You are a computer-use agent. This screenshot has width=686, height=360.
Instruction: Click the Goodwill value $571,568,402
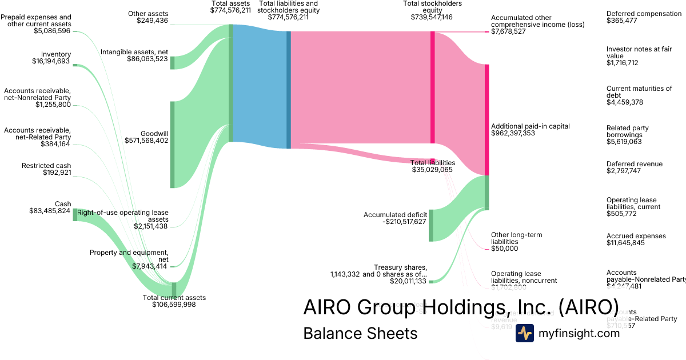pyautogui.click(x=146, y=140)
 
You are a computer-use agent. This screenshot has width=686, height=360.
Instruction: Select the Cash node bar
pyautogui.click(x=75, y=215)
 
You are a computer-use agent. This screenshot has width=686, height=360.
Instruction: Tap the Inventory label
pyautogui.click(x=56, y=54)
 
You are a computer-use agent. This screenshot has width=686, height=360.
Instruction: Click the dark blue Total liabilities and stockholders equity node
pyautogui.click(x=289, y=90)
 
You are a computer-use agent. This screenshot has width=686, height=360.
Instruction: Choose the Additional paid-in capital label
pyautogui.click(x=530, y=126)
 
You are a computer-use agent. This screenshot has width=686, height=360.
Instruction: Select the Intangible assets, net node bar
pyautogui.click(x=173, y=63)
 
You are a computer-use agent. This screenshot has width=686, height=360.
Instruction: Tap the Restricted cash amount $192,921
pyautogui.click(x=57, y=173)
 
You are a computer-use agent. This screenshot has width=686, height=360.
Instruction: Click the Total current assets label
pyautogui.click(x=174, y=297)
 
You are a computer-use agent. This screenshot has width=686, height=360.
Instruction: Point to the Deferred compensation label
pyautogui.click(x=644, y=13)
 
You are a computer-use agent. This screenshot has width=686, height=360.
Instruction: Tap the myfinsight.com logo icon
pyautogui.click(x=525, y=333)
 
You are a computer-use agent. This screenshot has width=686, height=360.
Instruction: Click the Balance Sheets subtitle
pyautogui.click(x=360, y=333)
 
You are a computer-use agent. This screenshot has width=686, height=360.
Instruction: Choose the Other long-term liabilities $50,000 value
pyautogui.click(x=504, y=249)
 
